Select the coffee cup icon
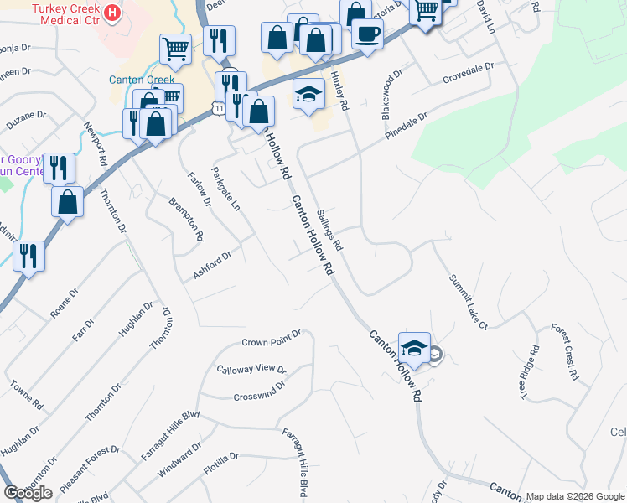pos(367,34)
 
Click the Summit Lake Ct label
pos(467,301)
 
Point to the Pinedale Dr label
pos(407,125)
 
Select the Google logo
pos(28,493)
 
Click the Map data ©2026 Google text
pos(575,496)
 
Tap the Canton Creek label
pos(141,80)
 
